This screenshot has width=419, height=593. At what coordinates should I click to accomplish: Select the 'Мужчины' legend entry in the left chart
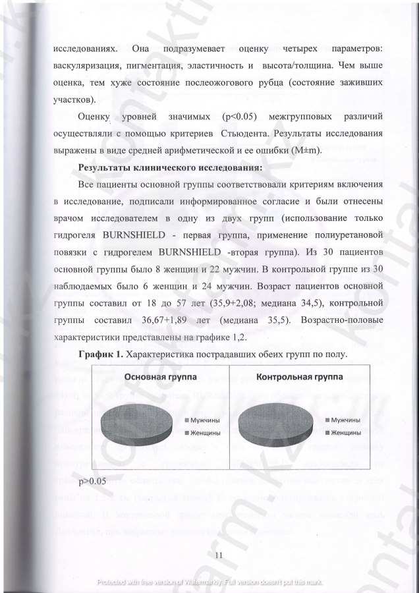[208, 420]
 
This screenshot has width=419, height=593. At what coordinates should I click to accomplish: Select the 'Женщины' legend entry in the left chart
[208, 433]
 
